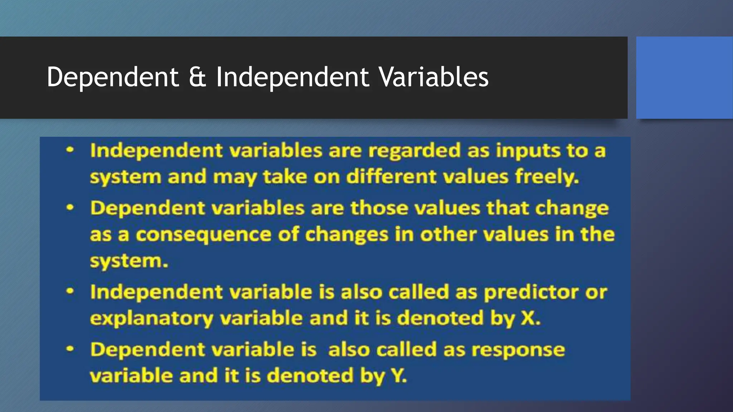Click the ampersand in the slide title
(x=197, y=77)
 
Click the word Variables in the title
(x=433, y=77)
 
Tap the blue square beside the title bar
(x=684, y=78)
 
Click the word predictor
(x=531, y=293)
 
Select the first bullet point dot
(x=70, y=150)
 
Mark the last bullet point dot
(x=70, y=349)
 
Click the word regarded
(x=414, y=151)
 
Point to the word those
(x=379, y=209)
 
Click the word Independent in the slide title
(x=292, y=77)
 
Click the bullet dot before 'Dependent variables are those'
(x=70, y=208)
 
